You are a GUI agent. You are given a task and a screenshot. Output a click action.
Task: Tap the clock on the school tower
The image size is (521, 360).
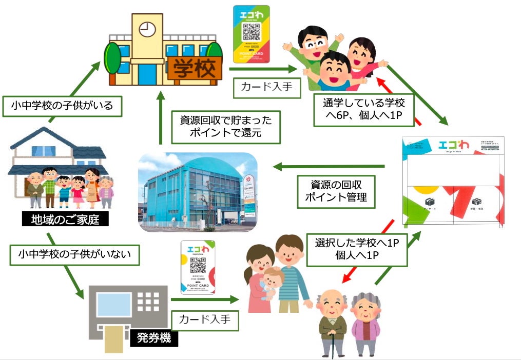pos(147,29)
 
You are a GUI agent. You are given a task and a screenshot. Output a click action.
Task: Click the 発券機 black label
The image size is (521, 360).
pos(153,338)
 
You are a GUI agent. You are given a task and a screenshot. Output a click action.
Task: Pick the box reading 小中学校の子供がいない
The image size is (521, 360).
pos(75,253)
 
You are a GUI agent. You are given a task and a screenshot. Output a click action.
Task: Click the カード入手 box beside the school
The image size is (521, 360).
pos(263,87)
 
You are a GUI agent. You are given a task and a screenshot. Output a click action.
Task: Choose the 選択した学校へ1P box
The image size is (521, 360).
pos(357,249)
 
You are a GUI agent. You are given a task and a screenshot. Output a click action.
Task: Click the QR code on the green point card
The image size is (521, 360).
pos(252,32)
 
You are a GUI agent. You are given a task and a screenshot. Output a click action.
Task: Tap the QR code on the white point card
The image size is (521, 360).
pos(198,267)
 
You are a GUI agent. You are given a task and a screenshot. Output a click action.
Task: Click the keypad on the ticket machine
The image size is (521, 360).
pos(148,302)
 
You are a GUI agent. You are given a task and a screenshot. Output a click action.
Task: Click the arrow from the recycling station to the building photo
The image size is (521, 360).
pos(329,166)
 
